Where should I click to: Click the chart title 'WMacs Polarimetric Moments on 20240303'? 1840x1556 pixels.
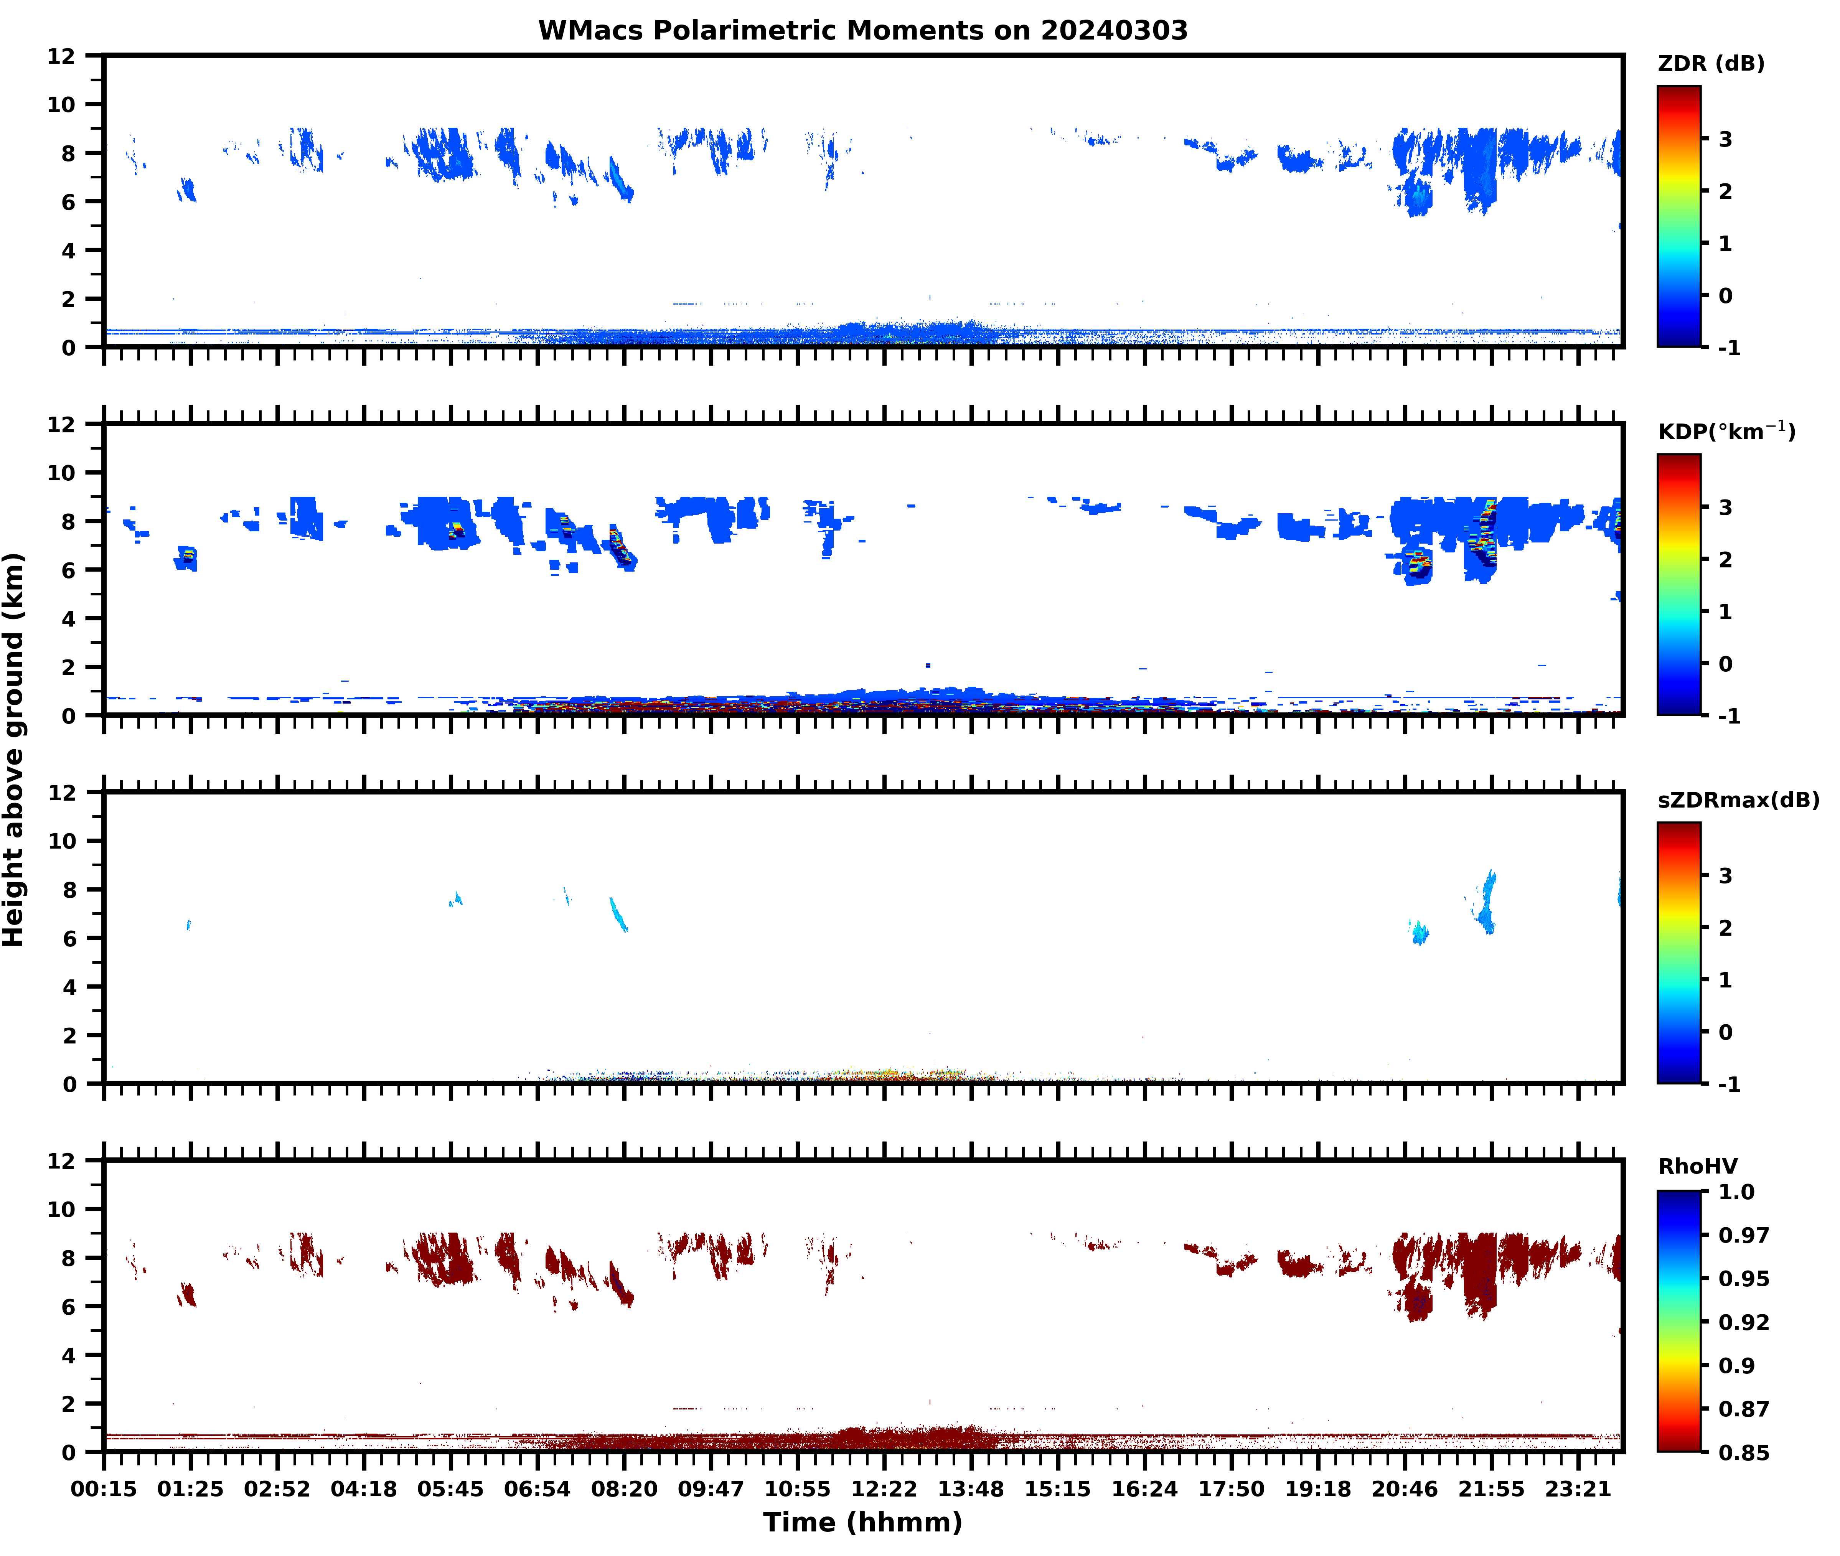point(863,31)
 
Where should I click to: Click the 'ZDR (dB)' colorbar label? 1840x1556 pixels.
point(1710,64)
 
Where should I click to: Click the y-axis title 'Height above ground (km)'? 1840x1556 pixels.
point(14,750)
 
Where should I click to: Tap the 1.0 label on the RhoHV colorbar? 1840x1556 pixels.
point(1736,1193)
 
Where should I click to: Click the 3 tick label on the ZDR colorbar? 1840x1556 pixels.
point(1725,139)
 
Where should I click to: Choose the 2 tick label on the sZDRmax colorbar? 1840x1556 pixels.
point(1725,928)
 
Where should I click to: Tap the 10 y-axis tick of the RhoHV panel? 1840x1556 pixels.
point(62,1209)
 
